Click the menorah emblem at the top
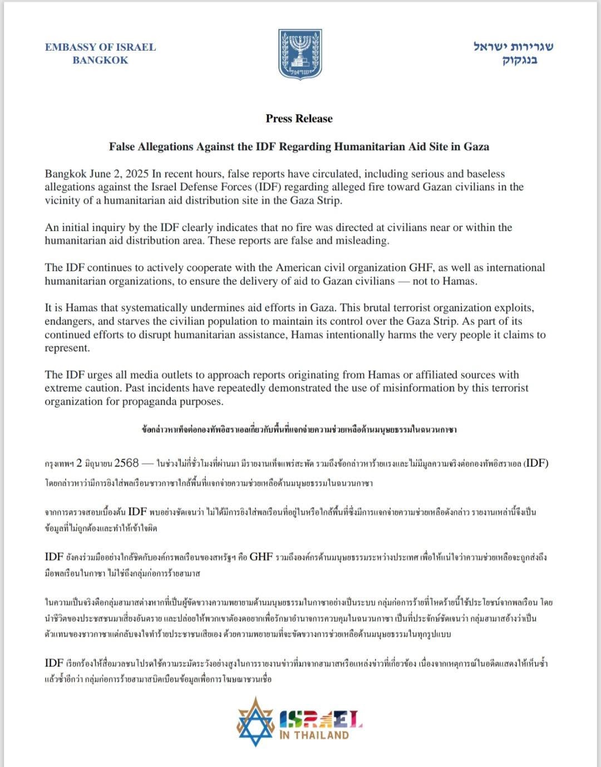pos(300,54)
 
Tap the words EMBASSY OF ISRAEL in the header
pos(100,47)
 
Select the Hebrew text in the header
pos(513,53)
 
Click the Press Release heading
pos(299,118)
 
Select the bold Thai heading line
pos(299,429)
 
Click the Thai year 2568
pos(126,463)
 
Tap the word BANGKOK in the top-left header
pos(100,60)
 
